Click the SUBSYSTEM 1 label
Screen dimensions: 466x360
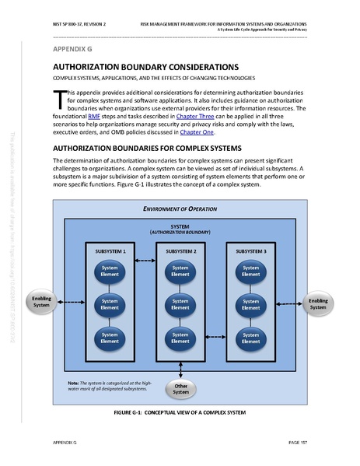point(110,252)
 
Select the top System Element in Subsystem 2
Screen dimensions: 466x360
point(180,269)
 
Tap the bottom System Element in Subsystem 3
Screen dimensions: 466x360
point(250,337)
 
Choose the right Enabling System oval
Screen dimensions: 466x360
point(318,303)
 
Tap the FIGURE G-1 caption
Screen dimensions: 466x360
point(180,412)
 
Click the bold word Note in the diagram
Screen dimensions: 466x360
point(74,382)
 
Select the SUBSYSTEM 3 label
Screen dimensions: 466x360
point(250,252)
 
